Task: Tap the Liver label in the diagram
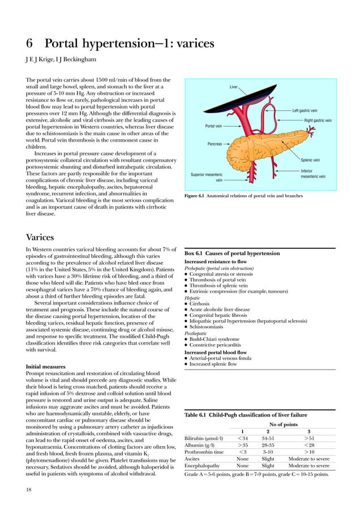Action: (234, 87)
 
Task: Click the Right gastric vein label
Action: (317, 121)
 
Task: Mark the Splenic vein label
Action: (310, 160)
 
